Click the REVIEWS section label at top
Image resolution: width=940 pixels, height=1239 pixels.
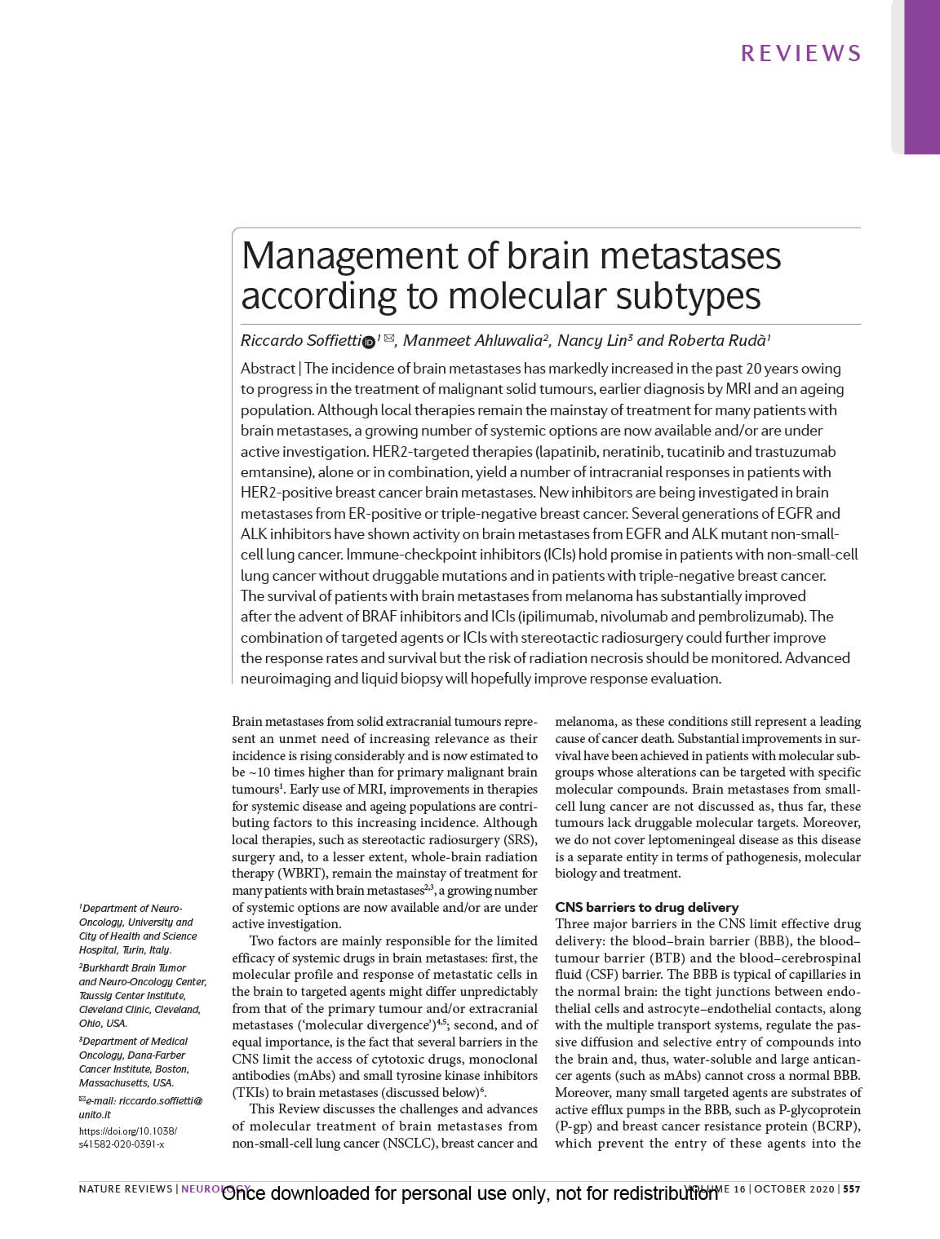coord(800,54)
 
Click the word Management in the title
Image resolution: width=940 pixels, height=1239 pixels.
coord(347,256)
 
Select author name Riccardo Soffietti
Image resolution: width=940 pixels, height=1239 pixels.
coord(299,341)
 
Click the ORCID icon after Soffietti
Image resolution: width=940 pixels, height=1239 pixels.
coord(367,342)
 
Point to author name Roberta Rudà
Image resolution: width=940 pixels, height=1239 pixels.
coord(718,341)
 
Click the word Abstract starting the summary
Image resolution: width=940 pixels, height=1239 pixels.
coord(268,369)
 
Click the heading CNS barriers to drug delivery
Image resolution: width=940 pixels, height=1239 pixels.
coord(646,907)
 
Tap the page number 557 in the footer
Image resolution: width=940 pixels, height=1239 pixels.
coord(852,1188)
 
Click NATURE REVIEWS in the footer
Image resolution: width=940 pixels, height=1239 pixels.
coord(125,1188)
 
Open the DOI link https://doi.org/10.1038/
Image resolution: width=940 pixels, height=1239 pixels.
coord(127,1131)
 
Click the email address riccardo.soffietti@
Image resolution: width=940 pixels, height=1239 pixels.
coord(144,1100)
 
